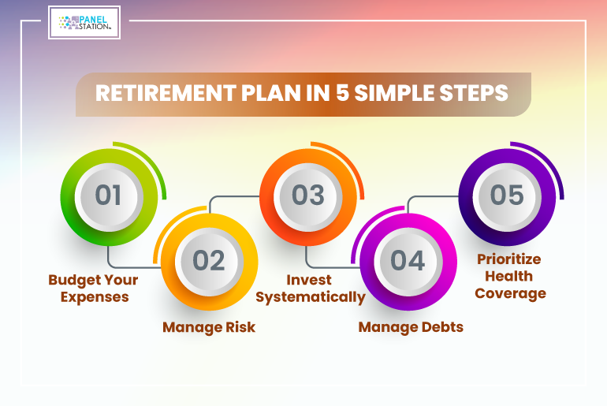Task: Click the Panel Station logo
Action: tap(84, 22)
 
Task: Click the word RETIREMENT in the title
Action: tap(166, 93)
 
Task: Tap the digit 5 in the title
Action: tap(342, 93)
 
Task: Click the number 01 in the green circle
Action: tap(108, 195)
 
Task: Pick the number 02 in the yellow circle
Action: tap(209, 260)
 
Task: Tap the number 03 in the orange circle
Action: tap(308, 195)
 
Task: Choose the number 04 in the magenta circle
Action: tap(408, 260)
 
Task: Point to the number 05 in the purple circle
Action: tap(507, 195)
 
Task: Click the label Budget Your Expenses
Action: tap(93, 289)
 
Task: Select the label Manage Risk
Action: tap(209, 327)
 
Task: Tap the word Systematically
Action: tap(311, 298)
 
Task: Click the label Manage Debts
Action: tap(411, 327)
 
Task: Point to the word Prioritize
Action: tap(508, 259)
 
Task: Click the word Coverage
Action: tap(510, 293)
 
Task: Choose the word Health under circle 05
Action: tap(508, 277)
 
